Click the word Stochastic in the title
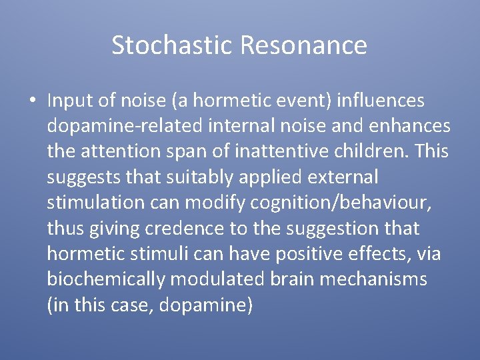pos(172,45)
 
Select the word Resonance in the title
pos(303,45)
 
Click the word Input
pos(72,101)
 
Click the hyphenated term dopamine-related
pos(126,126)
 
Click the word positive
pos(315,253)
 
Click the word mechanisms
pos(373,279)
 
